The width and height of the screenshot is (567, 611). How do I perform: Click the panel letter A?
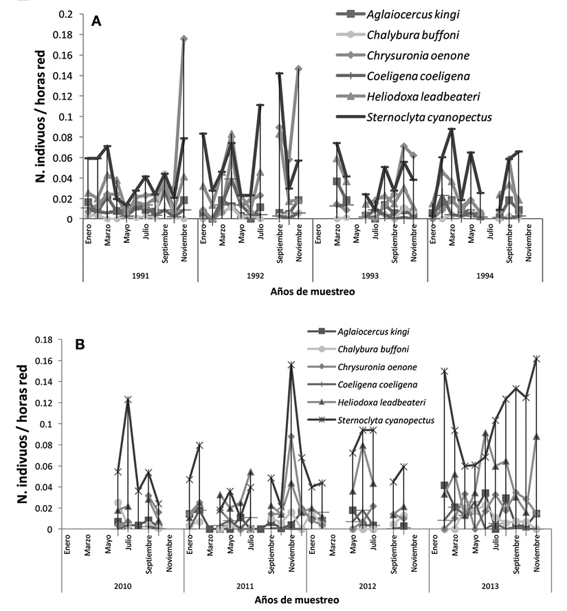pyautogui.click(x=96, y=21)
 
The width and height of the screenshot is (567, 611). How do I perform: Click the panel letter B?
pyautogui.click(x=80, y=345)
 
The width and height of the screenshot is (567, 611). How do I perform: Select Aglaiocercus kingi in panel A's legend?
pyautogui.click(x=413, y=15)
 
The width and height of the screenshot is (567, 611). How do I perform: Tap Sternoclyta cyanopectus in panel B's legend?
pyautogui.click(x=386, y=420)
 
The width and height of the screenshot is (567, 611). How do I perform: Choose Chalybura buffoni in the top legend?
pyautogui.click(x=413, y=35)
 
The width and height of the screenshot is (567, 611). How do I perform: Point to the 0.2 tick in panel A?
pyautogui.click(x=65, y=14)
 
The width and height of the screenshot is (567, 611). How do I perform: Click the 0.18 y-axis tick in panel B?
pyautogui.click(x=43, y=340)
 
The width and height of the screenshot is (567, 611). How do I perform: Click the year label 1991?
pyautogui.click(x=140, y=277)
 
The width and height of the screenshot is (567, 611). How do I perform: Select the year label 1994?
pyautogui.click(x=485, y=277)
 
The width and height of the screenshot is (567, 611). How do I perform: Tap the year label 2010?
pyautogui.click(x=122, y=586)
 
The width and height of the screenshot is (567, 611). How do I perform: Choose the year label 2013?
pyautogui.click(x=490, y=586)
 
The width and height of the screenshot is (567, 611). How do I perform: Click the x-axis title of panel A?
pyautogui.click(x=313, y=292)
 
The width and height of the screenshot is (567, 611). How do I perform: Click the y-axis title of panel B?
pyautogui.click(x=24, y=433)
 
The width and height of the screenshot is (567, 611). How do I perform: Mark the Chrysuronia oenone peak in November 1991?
pyautogui.click(x=184, y=39)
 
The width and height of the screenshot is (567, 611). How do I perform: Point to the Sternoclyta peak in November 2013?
pyautogui.click(x=537, y=358)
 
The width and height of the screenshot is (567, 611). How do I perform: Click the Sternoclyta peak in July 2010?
pyautogui.click(x=128, y=399)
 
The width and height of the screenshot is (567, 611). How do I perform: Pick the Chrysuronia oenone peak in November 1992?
pyautogui.click(x=299, y=69)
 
